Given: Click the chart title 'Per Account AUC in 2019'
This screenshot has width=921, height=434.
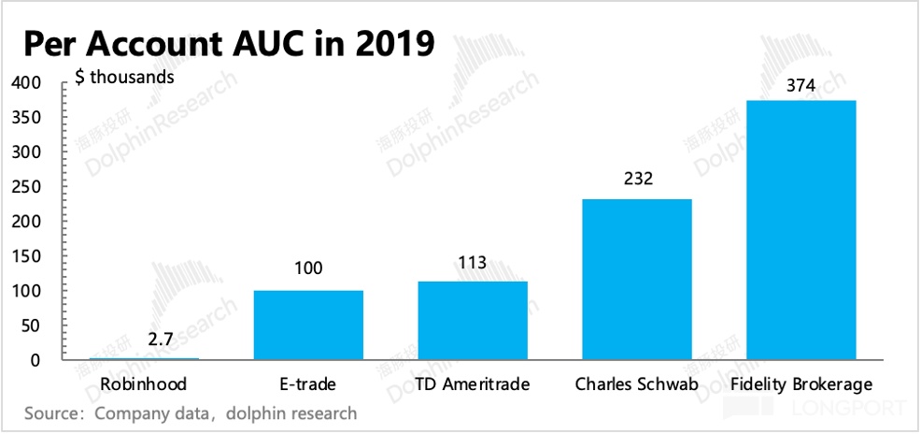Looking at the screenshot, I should [228, 43].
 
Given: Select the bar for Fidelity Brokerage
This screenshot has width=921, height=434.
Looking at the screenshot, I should [801, 230].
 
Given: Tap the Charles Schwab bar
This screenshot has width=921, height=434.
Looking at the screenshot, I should [636, 280].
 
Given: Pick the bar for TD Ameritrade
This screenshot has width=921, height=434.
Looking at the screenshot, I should [473, 321].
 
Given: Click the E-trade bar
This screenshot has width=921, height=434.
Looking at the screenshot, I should [308, 325].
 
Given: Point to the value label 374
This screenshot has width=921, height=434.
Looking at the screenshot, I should [801, 85].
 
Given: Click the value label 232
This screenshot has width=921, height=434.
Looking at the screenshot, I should [637, 179].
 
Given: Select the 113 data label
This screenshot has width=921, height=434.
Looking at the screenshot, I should [473, 262].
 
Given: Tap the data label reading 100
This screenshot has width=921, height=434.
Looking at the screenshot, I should [308, 269].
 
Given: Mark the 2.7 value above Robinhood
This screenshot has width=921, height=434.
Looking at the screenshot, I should [160, 339].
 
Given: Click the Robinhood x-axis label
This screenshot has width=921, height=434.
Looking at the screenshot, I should [144, 384].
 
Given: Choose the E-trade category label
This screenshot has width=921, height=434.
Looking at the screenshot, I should [308, 384].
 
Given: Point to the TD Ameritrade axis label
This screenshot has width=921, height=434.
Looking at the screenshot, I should [472, 384].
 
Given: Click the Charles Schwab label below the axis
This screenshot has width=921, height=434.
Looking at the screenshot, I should [636, 384].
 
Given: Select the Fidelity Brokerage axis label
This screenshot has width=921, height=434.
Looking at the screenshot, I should [802, 384].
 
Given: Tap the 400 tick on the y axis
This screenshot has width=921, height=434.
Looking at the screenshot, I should [27, 83].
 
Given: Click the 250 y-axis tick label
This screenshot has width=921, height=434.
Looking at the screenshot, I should [27, 187].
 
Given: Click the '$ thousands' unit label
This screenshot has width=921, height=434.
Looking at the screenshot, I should [124, 78].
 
